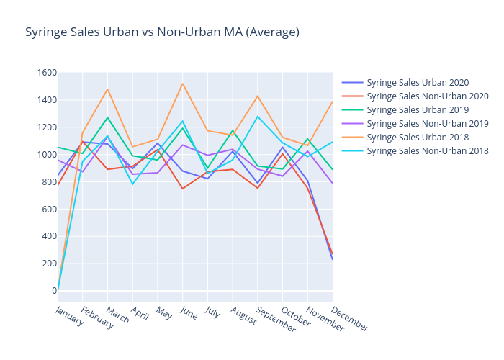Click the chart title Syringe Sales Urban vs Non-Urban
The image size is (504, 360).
pos(162,32)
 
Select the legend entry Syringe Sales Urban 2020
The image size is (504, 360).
pos(417,83)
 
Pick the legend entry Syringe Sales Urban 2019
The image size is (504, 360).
pos(417,110)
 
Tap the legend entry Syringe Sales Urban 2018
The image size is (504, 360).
pos(417,138)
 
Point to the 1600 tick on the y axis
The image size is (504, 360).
pos(48,73)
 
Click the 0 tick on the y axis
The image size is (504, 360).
pos(54,291)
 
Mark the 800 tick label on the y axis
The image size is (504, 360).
pos(50,182)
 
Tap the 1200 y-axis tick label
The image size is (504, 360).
pos(48,127)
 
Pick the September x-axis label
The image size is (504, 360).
pos(276,319)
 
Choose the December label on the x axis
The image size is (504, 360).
pos(351,318)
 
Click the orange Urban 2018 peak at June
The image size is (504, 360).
pos(183,84)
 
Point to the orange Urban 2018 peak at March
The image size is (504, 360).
pos(108,89)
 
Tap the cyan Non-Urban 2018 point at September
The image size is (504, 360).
pos(258,117)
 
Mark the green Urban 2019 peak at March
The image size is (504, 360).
pos(108,117)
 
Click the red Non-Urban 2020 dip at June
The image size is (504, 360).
pos(183,189)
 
